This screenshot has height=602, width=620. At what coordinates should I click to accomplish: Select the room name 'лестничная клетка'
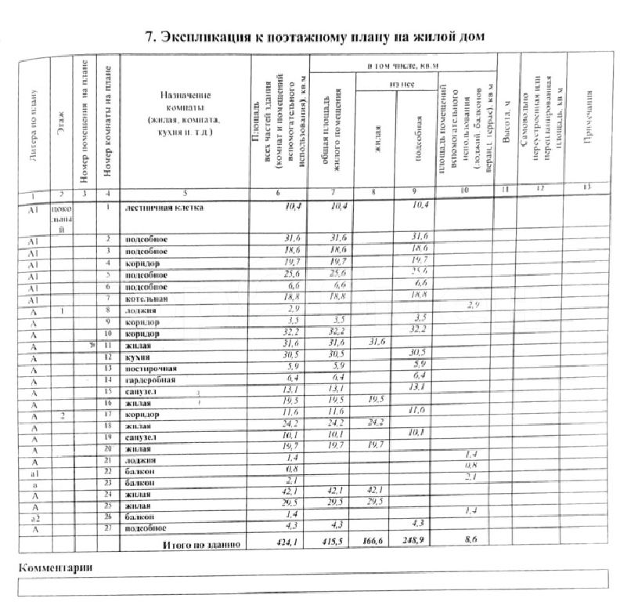pyautogui.click(x=164, y=208)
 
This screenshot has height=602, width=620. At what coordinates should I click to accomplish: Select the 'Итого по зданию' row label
pyautogui.click(x=202, y=543)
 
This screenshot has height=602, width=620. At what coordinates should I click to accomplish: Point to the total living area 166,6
pyautogui.click(x=376, y=543)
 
